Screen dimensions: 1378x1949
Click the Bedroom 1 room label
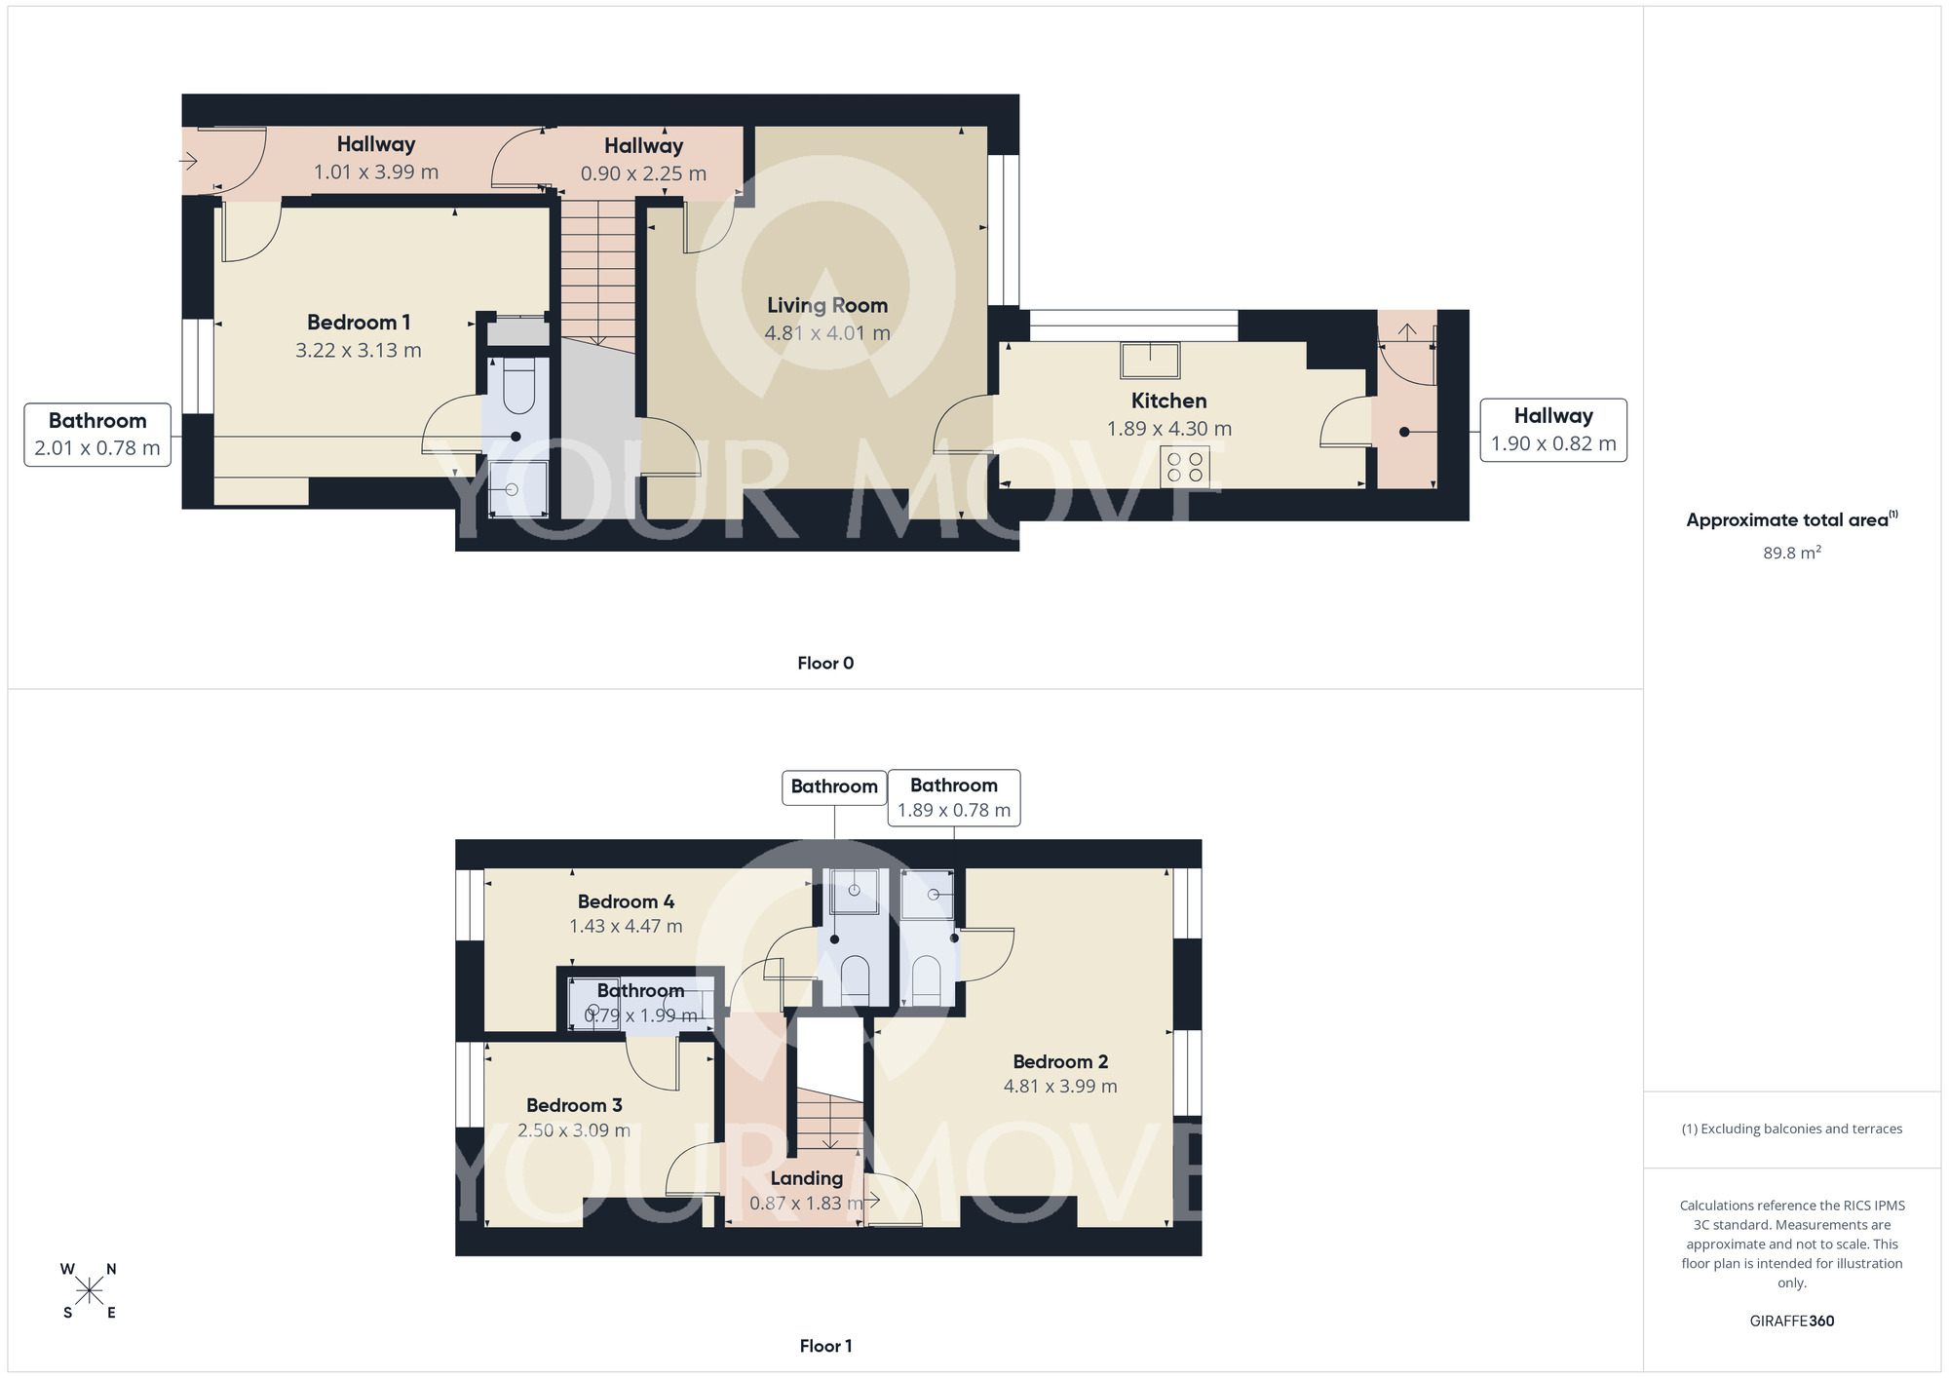tap(358, 323)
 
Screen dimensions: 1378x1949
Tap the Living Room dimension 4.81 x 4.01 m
tap(826, 333)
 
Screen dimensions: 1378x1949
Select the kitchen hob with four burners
tap(1184, 467)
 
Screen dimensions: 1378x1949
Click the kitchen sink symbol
tap(1150, 360)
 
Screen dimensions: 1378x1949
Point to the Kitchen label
tap(1168, 401)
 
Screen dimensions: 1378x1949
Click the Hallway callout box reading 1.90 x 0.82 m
tap(1552, 430)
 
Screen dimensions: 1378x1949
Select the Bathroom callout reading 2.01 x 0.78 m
tap(97, 435)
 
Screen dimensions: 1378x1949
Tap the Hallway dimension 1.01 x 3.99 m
tap(375, 172)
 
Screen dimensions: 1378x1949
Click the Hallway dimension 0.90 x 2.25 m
tap(643, 174)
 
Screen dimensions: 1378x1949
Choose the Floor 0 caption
tap(825, 664)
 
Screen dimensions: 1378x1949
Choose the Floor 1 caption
tap(825, 1346)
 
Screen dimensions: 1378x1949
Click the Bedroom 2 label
tap(1060, 1062)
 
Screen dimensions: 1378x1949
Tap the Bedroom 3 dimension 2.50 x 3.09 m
tap(573, 1130)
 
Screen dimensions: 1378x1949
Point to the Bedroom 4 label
tap(626, 901)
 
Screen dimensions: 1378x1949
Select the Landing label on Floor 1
tap(806, 1178)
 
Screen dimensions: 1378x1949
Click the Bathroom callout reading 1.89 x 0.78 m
tap(953, 798)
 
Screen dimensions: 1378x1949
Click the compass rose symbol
tap(89, 1291)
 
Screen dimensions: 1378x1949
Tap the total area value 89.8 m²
tap(1791, 553)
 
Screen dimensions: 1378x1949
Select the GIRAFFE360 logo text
tap(1791, 1321)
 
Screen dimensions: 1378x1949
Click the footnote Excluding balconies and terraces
tap(1791, 1129)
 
